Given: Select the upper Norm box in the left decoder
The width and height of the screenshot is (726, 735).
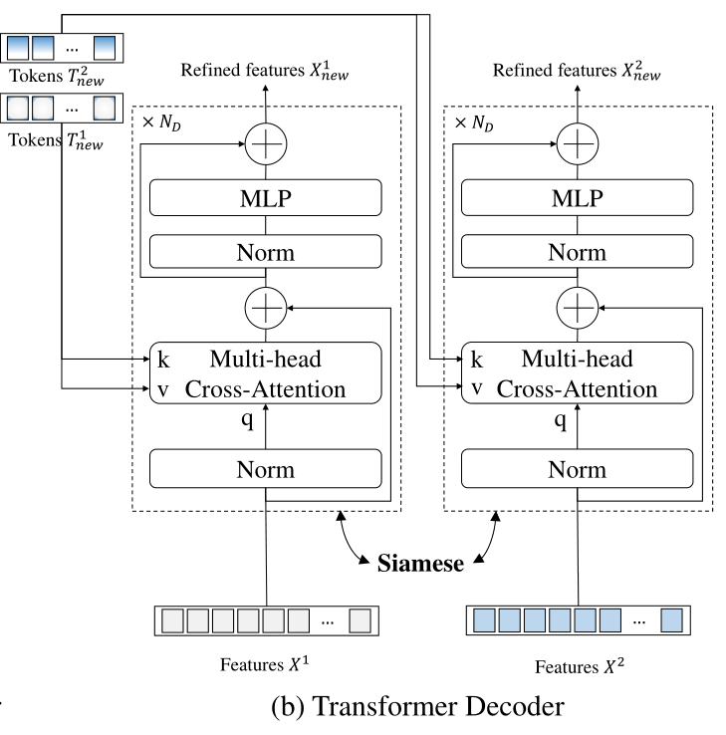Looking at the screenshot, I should (x=265, y=252).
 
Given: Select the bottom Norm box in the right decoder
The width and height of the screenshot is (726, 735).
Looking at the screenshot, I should (x=578, y=467).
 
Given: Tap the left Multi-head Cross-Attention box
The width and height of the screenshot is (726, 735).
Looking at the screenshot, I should (x=265, y=373).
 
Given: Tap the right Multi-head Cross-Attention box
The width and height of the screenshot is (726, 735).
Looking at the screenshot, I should (x=578, y=373).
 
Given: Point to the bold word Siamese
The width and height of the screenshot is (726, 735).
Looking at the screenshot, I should (x=420, y=564).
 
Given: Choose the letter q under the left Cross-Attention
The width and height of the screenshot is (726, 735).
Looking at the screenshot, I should (x=249, y=419).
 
